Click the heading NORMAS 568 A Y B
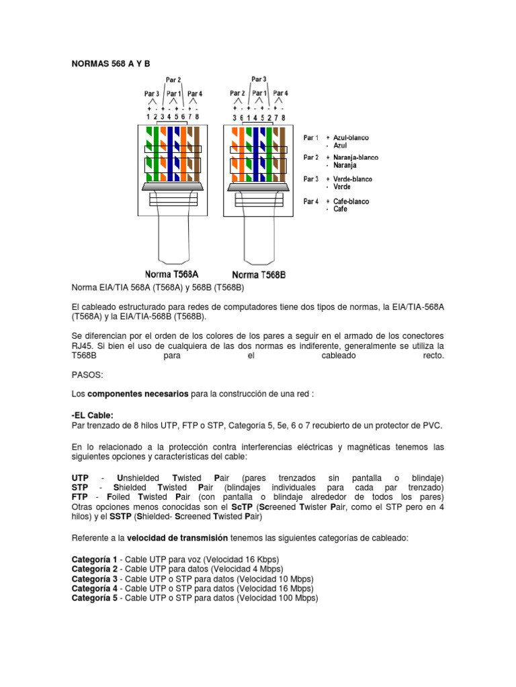(x=111, y=64)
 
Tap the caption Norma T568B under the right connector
(x=259, y=274)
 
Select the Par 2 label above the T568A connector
(x=173, y=81)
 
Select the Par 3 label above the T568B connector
(x=259, y=79)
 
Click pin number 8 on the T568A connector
(x=197, y=117)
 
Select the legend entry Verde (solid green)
(x=342, y=187)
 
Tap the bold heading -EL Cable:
(x=93, y=415)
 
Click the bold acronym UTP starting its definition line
(x=80, y=477)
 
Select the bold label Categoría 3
(x=94, y=579)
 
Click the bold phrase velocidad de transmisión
(x=177, y=538)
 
